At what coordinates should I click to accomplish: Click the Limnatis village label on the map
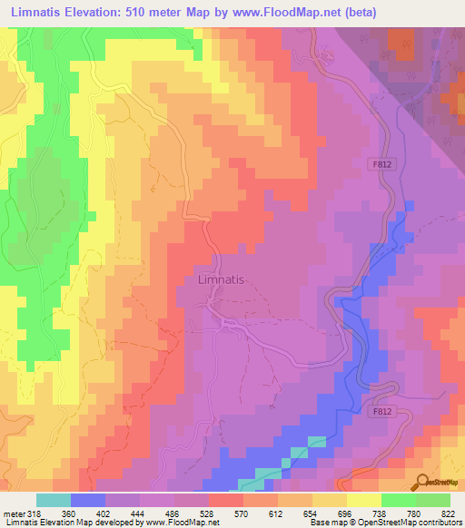pyautogui.click(x=221, y=280)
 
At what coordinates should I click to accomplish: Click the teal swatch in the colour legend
pyautogui.click(x=54, y=500)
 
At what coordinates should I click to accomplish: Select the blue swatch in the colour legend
pyautogui.click(x=88, y=500)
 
